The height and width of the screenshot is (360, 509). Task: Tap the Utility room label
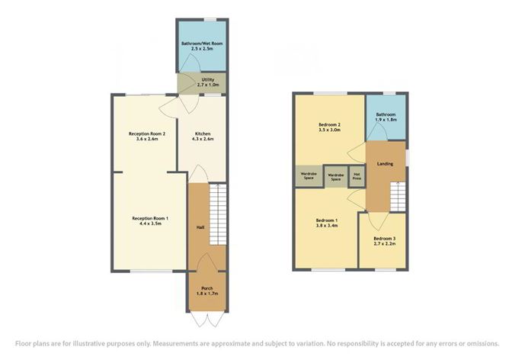(x=208, y=79)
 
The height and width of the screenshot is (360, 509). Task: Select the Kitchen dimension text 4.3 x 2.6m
(x=203, y=139)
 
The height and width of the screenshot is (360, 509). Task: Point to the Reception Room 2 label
(x=147, y=133)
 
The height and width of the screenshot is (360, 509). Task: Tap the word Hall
(x=200, y=227)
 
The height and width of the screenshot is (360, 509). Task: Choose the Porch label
(x=207, y=288)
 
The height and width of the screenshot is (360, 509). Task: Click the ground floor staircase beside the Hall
(x=218, y=214)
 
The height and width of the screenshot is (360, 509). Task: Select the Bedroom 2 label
(x=329, y=125)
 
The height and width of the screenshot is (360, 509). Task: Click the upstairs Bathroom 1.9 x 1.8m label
(x=386, y=117)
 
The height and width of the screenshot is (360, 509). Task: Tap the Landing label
(x=385, y=164)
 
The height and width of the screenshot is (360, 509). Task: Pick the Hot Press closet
(x=357, y=176)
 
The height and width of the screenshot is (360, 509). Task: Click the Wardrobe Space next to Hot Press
(x=336, y=176)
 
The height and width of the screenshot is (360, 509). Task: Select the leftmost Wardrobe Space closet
(x=309, y=175)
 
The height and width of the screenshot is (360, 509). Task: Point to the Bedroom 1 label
(x=327, y=220)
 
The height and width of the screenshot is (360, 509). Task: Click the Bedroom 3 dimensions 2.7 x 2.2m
(x=385, y=243)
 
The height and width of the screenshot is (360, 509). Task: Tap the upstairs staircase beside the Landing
(x=398, y=196)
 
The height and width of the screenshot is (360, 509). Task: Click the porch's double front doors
(x=207, y=319)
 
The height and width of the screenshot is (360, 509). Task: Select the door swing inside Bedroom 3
(x=378, y=221)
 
